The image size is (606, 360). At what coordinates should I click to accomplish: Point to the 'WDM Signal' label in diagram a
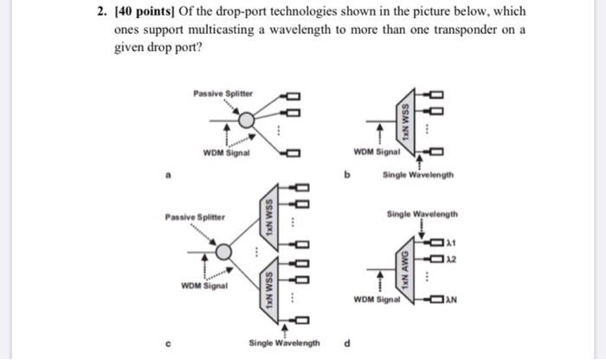pyautogui.click(x=227, y=153)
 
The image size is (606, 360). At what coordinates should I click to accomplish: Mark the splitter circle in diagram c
pyautogui.click(x=224, y=251)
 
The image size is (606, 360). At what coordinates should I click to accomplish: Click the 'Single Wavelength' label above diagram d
pyautogui.click(x=423, y=214)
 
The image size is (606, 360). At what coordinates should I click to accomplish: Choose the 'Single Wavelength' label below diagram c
pyautogui.click(x=284, y=343)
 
